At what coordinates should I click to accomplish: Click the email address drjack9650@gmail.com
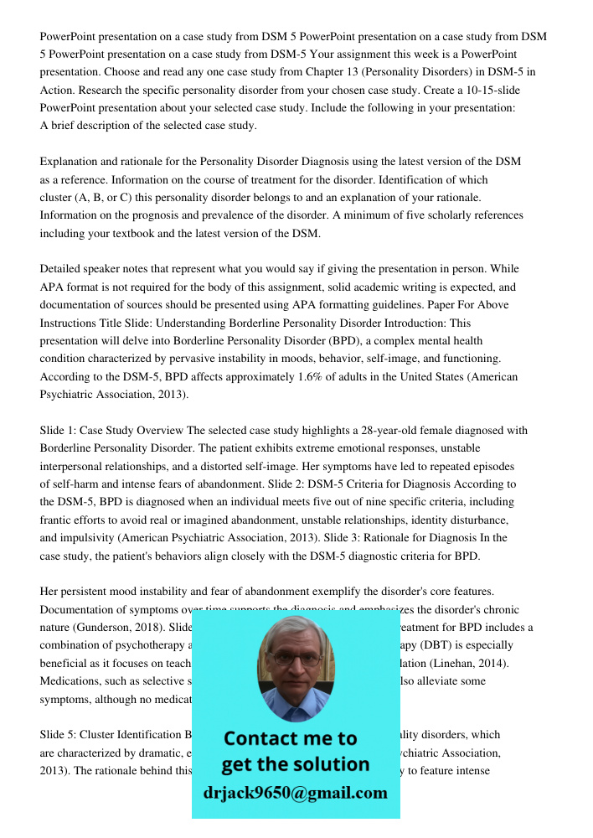295,793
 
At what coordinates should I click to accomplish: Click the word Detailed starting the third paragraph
64,269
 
